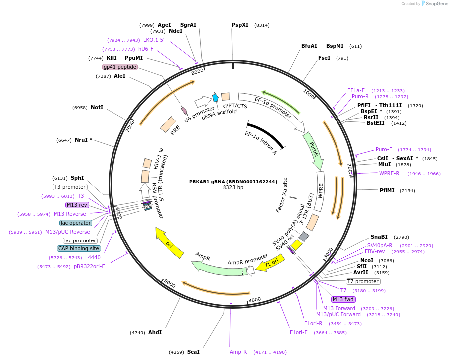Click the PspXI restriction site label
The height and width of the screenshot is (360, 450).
pyautogui.click(x=240, y=25)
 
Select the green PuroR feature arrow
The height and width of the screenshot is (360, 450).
pyautogui.click(x=313, y=151)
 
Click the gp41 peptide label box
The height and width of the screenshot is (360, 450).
pyautogui.click(x=120, y=67)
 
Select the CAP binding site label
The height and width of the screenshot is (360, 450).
pyautogui.click(x=79, y=248)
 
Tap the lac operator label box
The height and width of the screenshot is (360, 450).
pyautogui.click(x=76, y=223)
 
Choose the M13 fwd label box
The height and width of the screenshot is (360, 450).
pyautogui.click(x=343, y=299)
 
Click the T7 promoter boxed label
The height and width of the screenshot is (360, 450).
pyautogui.click(x=363, y=281)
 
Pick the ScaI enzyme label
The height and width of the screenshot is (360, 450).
pyautogui.click(x=193, y=352)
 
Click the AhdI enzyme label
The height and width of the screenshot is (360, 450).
pyautogui.click(x=155, y=332)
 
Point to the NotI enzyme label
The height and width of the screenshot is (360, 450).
pyautogui.click(x=97, y=107)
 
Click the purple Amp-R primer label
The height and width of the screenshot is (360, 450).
pyautogui.click(x=238, y=352)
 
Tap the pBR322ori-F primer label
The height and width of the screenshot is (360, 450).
pyautogui.click(x=90, y=266)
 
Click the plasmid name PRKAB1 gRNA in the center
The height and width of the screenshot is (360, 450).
pyautogui.click(x=233, y=182)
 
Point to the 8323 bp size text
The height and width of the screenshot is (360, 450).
pyautogui.click(x=233, y=188)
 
